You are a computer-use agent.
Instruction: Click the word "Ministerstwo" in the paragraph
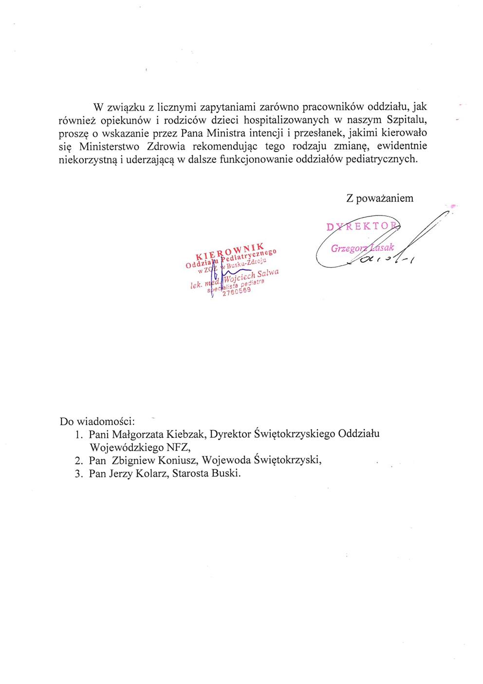tap(107, 146)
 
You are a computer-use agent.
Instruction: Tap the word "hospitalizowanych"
tap(281, 119)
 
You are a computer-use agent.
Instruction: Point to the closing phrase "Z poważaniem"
tap(379, 198)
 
